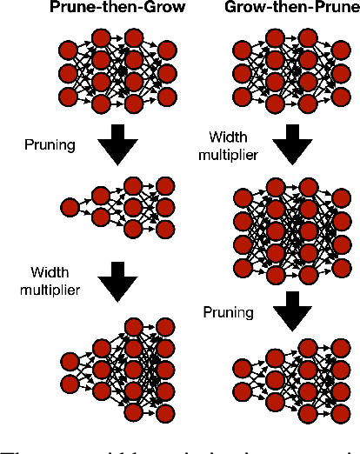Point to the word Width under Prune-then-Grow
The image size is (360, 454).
click(x=49, y=274)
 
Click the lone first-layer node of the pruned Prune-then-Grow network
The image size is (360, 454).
click(x=70, y=207)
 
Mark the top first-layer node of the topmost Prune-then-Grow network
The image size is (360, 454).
click(x=69, y=48)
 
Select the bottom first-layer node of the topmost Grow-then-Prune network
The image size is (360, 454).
click(x=243, y=96)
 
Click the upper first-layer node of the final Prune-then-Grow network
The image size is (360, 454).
click(x=69, y=359)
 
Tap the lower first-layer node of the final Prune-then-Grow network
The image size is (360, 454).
click(x=69, y=384)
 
